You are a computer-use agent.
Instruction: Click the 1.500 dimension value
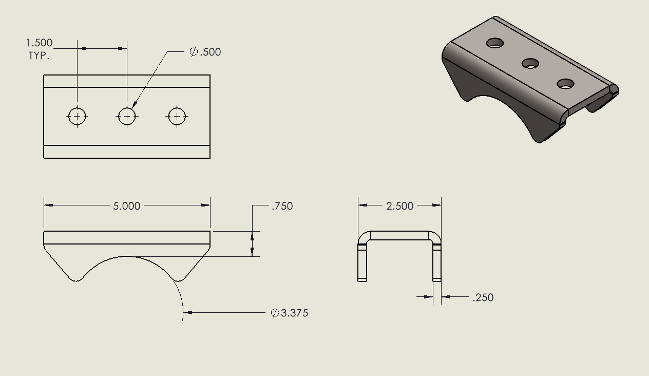40,43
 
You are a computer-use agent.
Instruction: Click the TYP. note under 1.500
39,56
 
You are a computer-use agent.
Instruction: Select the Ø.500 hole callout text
205,52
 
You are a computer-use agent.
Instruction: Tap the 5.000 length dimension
126,206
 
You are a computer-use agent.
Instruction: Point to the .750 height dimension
282,206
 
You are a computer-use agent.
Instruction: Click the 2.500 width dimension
399,206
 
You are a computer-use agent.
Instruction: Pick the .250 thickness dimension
483,297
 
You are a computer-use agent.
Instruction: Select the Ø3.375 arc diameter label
290,313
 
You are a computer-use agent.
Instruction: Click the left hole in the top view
78,117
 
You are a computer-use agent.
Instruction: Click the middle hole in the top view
127,117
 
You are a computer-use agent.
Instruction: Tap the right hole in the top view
177,117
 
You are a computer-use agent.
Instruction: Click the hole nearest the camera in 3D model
565,84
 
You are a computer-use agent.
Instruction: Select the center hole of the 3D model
530,64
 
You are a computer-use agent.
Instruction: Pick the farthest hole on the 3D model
495,43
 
